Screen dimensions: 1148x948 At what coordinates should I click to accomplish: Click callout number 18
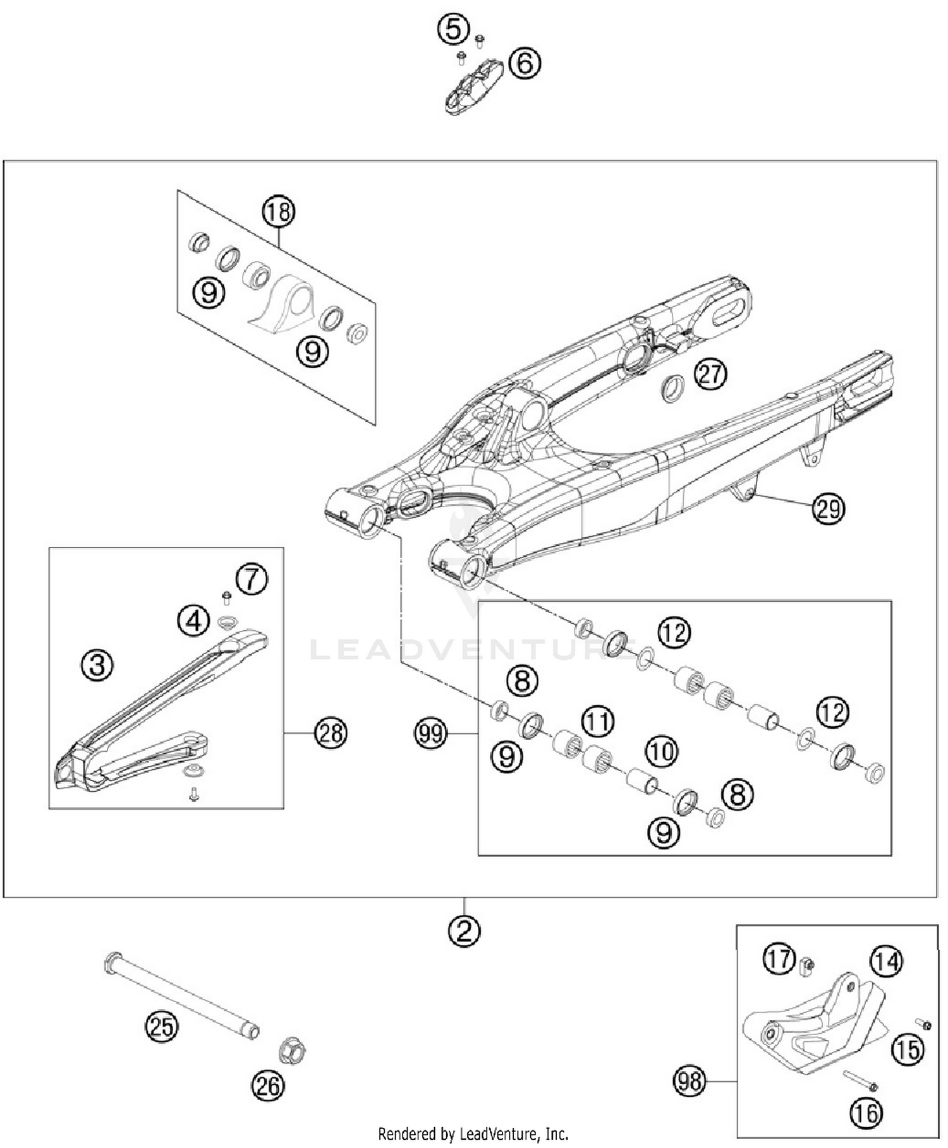pyautogui.click(x=279, y=212)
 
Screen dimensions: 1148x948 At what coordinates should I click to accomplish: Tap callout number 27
pyautogui.click(x=710, y=374)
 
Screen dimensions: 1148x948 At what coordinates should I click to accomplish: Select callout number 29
pyautogui.click(x=829, y=508)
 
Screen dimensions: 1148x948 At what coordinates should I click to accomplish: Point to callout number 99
pyautogui.click(x=431, y=733)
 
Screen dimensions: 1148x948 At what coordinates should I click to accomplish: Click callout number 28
pyautogui.click(x=331, y=733)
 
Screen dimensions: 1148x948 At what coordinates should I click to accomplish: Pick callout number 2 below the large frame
pyautogui.click(x=465, y=931)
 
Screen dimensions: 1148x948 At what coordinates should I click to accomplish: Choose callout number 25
pyautogui.click(x=162, y=1026)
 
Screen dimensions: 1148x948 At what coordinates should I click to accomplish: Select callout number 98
pyautogui.click(x=689, y=1080)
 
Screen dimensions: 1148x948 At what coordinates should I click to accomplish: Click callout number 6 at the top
pyautogui.click(x=525, y=63)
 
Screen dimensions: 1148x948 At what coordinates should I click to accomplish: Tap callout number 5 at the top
pyautogui.click(x=453, y=29)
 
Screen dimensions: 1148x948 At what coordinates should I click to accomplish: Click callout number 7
pyautogui.click(x=252, y=578)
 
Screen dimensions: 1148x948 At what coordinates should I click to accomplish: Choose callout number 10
pyautogui.click(x=662, y=751)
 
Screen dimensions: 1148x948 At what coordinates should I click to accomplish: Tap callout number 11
pyautogui.click(x=598, y=721)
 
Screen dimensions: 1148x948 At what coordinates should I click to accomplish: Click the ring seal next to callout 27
pyautogui.click(x=673, y=388)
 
